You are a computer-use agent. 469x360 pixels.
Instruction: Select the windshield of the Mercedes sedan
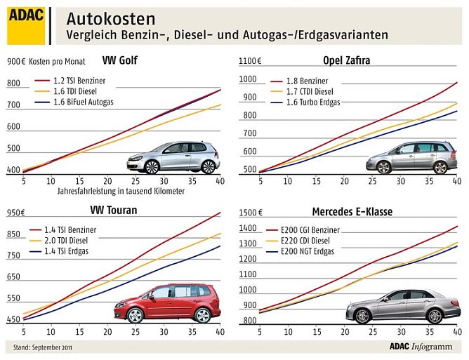(383, 295)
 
